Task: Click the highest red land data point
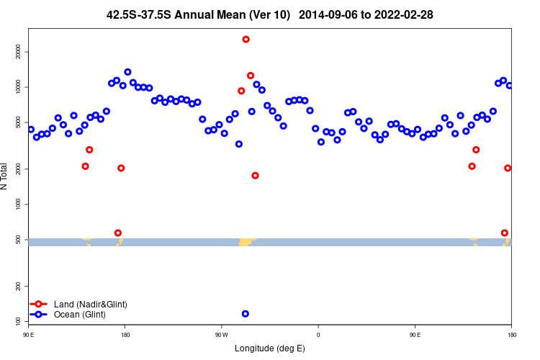coord(246,40)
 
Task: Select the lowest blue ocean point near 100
coord(246,314)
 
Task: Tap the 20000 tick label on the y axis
coord(19,52)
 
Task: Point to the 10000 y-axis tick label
coord(19,87)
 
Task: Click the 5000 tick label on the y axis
coord(19,122)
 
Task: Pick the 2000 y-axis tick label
coord(19,168)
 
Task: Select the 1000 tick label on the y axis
coord(19,204)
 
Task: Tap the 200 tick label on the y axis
coord(19,286)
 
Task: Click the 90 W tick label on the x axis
coord(221,335)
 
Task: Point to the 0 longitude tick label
coord(318,335)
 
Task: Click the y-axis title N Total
coord(5,176)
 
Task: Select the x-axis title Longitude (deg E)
coord(270,349)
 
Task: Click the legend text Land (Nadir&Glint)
coord(91,305)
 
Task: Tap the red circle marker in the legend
coord(39,305)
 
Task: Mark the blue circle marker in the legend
coord(39,315)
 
